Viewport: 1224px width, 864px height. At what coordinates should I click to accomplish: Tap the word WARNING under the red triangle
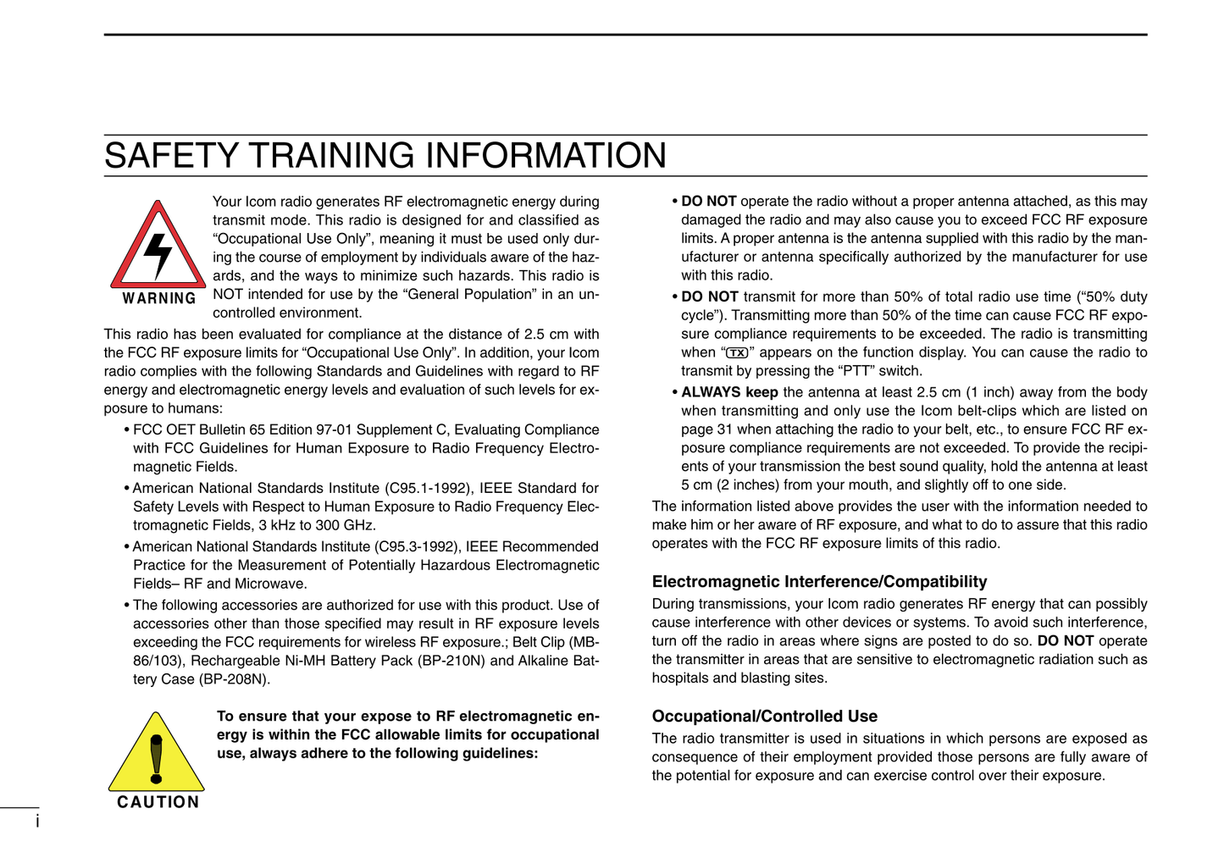[x=159, y=298]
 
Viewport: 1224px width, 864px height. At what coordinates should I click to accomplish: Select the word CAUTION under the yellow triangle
[x=158, y=802]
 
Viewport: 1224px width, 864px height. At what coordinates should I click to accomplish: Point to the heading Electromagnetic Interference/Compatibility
[x=819, y=582]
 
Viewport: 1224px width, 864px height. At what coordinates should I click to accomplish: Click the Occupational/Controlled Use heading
[x=764, y=717]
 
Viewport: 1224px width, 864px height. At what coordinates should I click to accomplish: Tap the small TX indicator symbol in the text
[x=737, y=353]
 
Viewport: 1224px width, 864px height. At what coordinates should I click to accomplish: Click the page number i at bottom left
[x=37, y=821]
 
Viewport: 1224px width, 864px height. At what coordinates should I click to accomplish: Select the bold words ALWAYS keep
[x=729, y=392]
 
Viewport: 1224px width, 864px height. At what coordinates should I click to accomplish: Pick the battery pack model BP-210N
[x=453, y=661]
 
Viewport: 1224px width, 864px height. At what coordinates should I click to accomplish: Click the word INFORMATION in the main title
[x=546, y=156]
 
